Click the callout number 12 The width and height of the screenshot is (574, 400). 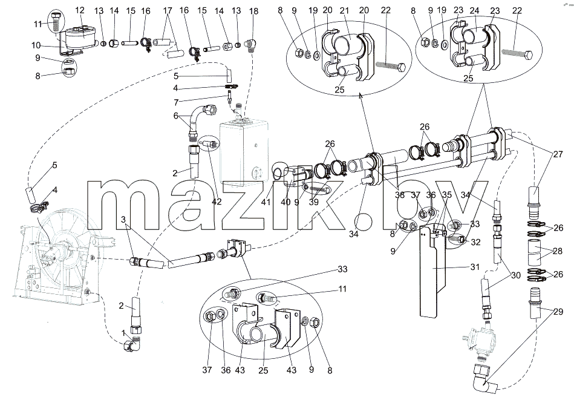click(80, 11)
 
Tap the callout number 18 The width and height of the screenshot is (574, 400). click(253, 11)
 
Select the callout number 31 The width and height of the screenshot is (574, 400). click(475, 267)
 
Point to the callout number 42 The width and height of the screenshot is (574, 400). click(217, 202)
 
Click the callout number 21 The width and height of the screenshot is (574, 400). click(345, 11)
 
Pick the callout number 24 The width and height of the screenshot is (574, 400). click(474, 11)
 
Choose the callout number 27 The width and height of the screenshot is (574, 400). click(558, 154)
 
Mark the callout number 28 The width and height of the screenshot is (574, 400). click(558, 251)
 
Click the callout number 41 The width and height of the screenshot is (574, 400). click(266, 202)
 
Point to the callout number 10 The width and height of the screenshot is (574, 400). click(36, 45)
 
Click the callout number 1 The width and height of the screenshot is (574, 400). click(124, 333)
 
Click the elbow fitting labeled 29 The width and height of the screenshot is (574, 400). click(484, 377)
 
